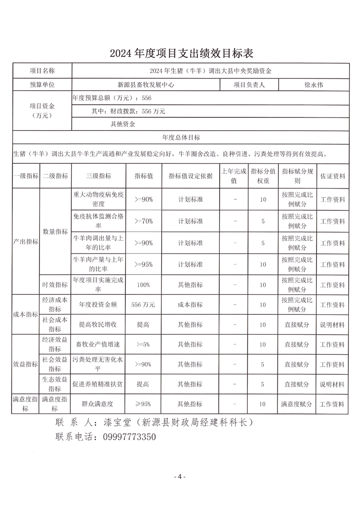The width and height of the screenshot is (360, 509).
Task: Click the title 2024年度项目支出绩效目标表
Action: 180,54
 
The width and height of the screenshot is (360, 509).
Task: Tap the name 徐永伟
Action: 314,84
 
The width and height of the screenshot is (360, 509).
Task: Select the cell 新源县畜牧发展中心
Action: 146,84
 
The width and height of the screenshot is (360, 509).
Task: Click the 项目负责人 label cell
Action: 249,84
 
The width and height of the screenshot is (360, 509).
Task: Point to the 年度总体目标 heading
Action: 181,137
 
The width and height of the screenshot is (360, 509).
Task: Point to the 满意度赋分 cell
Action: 297,403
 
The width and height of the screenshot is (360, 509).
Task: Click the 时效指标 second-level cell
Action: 55,285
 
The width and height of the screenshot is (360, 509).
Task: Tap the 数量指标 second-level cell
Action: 55,231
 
